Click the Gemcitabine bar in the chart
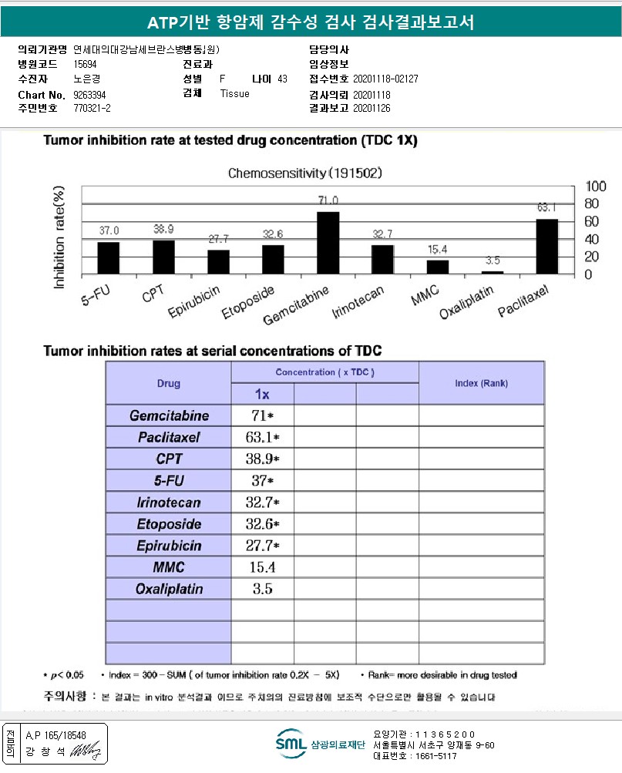click(328, 243)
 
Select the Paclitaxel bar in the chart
click(547, 246)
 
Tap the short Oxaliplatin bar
click(493, 272)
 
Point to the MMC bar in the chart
click(438, 267)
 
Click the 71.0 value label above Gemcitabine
click(328, 200)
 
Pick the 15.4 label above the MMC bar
click(438, 250)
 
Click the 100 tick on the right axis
click(597, 187)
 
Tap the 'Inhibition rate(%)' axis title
click(59, 237)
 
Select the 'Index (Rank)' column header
click(481, 383)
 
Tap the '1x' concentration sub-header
click(262, 394)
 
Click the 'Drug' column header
click(168, 383)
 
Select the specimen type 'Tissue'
click(234, 93)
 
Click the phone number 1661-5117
click(435, 756)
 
